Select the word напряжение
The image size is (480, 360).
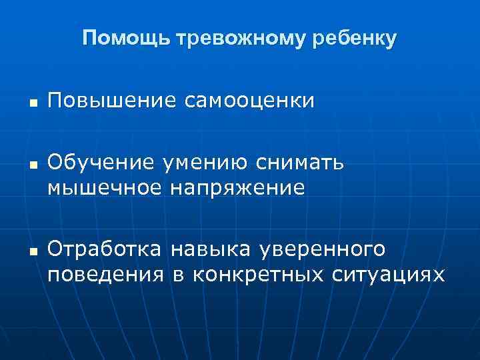(237, 187)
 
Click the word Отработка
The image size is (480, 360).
(105, 249)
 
